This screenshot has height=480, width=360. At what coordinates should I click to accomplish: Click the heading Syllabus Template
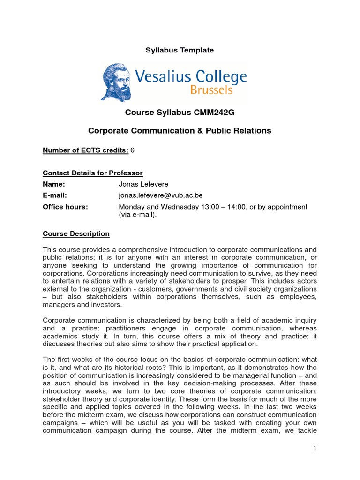pyautogui.click(x=180, y=50)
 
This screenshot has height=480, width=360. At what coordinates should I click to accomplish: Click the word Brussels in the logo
pyautogui.click(x=210, y=90)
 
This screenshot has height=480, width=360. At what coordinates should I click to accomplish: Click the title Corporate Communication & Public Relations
pyautogui.click(x=180, y=131)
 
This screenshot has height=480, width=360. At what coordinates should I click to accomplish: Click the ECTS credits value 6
pyautogui.click(x=133, y=150)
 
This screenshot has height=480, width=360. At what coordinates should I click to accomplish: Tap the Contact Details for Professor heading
pyautogui.click(x=93, y=173)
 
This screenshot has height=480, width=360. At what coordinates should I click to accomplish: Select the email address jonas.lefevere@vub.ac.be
pyautogui.click(x=161, y=195)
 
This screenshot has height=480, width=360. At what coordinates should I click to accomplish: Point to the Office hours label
pyautogui.click(x=65, y=207)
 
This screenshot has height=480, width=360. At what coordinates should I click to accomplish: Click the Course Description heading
pyautogui.click(x=76, y=233)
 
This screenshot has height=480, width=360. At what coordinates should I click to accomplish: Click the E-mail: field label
pyautogui.click(x=55, y=195)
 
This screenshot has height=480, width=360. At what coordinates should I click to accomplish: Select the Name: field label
pyautogui.click(x=53, y=184)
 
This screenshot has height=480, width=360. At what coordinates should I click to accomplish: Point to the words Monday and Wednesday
pyautogui.click(x=156, y=207)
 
